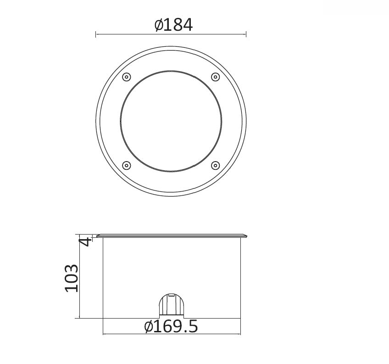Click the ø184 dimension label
173,25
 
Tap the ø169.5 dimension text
171,326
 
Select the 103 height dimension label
72,278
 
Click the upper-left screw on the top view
127,77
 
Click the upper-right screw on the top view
215,77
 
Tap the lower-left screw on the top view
127,165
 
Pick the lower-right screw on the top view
215,165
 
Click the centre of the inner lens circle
171,121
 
